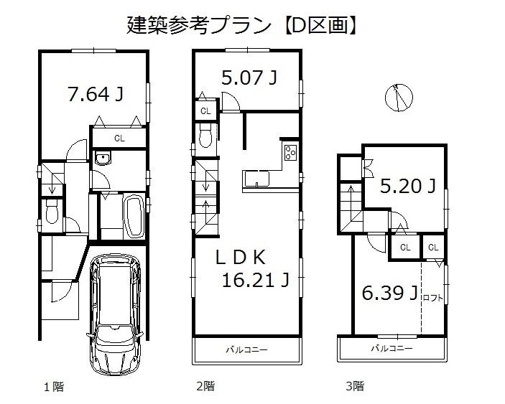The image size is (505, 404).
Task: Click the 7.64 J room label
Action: [x=94, y=94]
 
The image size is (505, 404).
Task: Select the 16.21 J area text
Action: [x=256, y=281]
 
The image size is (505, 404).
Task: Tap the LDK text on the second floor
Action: [x=246, y=257]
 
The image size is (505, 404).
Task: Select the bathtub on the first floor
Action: [x=134, y=217]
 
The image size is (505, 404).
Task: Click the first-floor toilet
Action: [x=52, y=213]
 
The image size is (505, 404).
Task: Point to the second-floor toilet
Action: [x=205, y=136]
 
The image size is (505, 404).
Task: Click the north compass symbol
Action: [x=398, y=97]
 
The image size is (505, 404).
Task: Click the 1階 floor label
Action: [x=53, y=387]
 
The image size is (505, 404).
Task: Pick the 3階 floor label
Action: [x=354, y=387]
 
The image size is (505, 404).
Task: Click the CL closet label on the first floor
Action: [x=120, y=138]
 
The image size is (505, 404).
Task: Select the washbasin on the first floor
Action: [x=102, y=159]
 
